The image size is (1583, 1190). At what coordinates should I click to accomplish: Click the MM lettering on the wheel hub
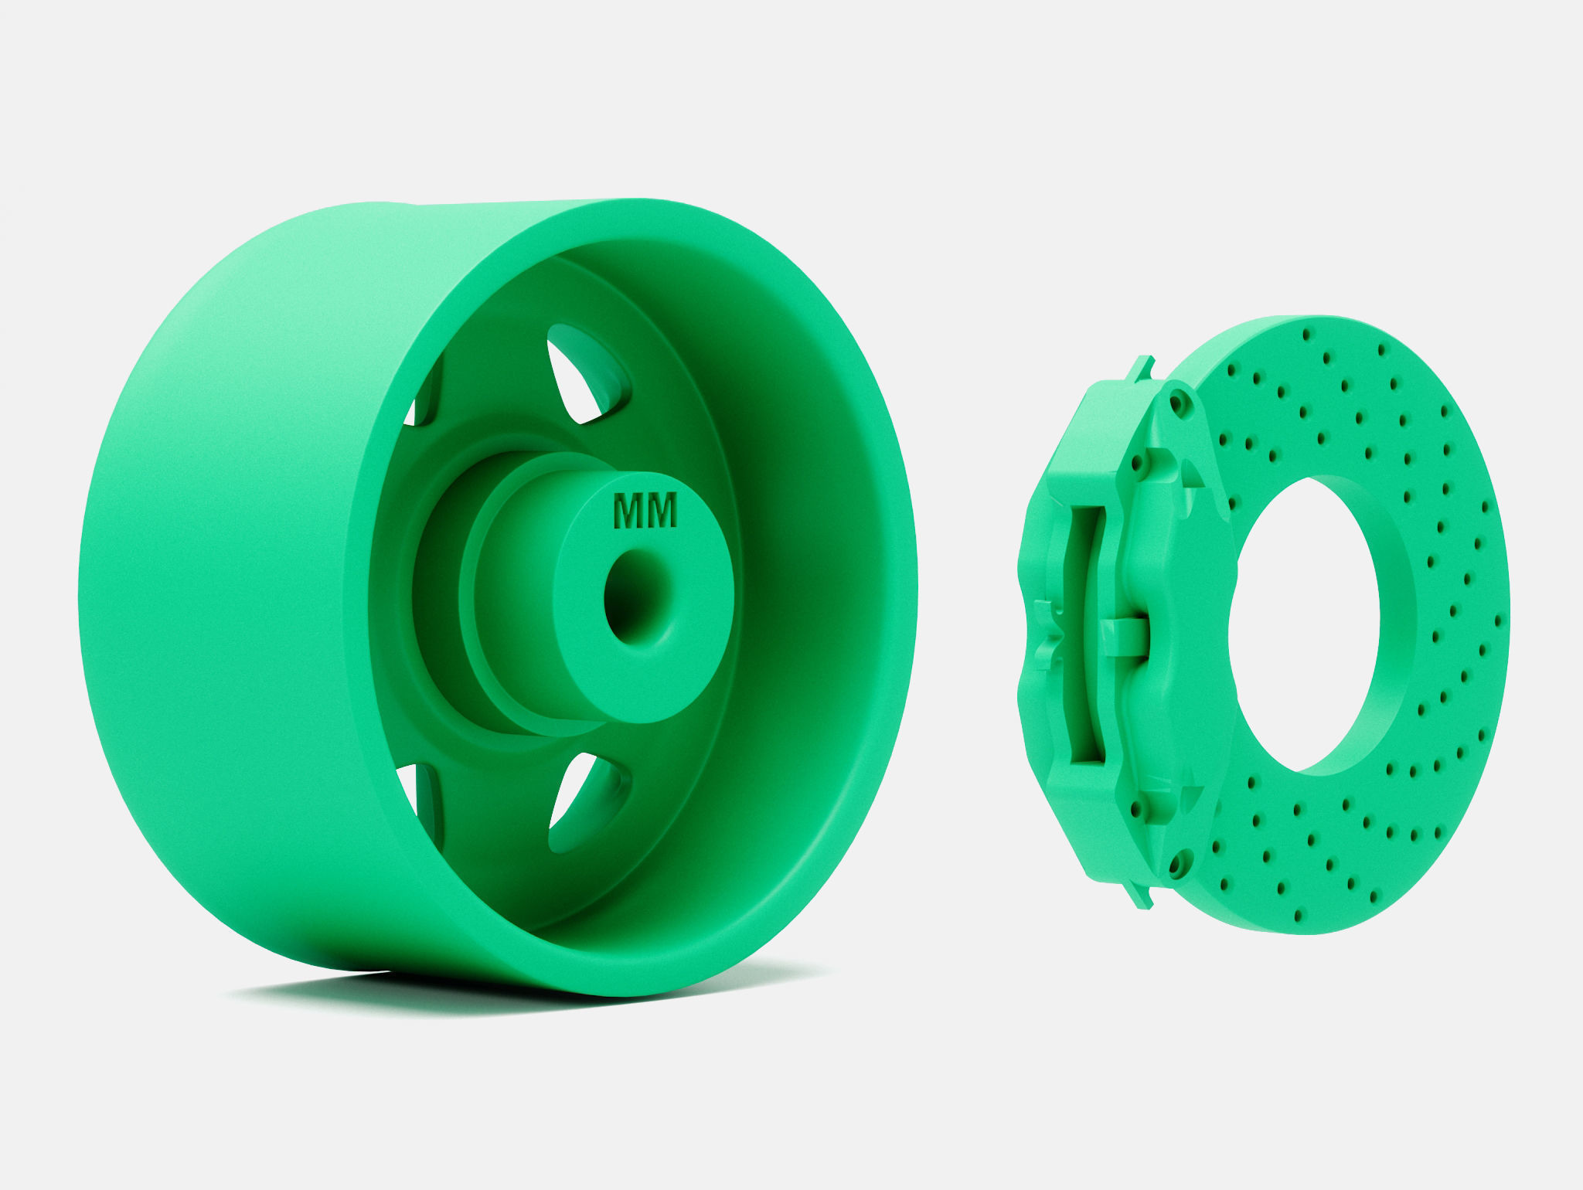coord(645,511)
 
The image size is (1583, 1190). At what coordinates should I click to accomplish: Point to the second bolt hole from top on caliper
coord(1136,465)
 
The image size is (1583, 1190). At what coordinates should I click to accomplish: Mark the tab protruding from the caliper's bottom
coord(1142,896)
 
